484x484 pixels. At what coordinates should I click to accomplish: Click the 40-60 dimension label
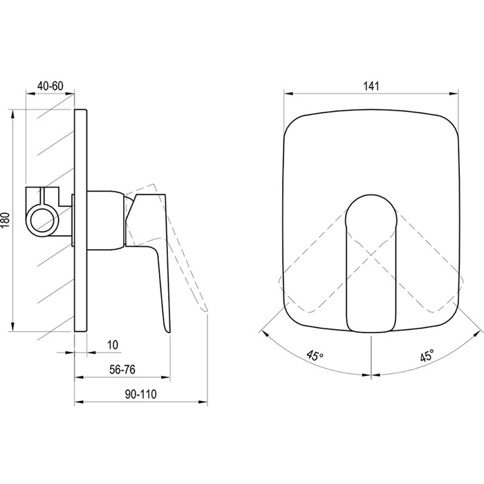tap(50, 86)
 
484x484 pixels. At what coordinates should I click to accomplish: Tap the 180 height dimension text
tap(7, 220)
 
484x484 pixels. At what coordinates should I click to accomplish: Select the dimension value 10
tap(113, 344)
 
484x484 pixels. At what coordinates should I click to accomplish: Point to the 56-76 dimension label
tap(122, 369)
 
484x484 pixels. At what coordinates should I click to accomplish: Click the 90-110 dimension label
tap(141, 394)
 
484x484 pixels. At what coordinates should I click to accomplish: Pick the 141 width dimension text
tap(371, 86)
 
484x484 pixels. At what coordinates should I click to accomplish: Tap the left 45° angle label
tap(315, 355)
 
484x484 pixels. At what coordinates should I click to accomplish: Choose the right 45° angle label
tap(427, 355)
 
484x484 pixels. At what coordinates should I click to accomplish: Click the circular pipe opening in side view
tap(41, 220)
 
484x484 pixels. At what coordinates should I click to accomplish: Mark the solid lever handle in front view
tap(371, 263)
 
